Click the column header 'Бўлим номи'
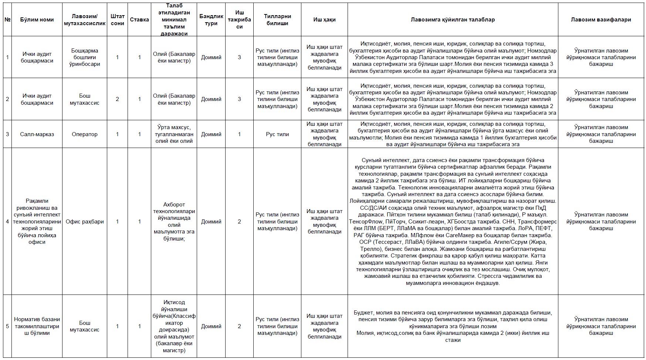point(37,20)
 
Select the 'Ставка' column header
point(139,20)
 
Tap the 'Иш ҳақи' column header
point(324,20)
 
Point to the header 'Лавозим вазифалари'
point(601,20)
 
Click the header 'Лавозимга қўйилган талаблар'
point(453,20)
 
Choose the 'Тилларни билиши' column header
point(277,20)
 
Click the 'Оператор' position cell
point(85,134)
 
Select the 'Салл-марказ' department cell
point(37,134)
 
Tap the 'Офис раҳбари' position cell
point(85,222)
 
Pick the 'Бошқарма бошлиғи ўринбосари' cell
point(85,57)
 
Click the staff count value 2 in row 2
point(118,99)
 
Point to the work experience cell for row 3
point(239,134)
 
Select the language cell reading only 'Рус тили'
point(277,134)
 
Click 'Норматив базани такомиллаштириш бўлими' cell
point(37,326)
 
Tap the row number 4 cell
point(7,222)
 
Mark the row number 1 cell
point(7,57)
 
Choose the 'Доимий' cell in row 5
point(211,326)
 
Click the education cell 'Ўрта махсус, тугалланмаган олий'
point(174,134)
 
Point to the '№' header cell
point(7,20)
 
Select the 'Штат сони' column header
point(118,20)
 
